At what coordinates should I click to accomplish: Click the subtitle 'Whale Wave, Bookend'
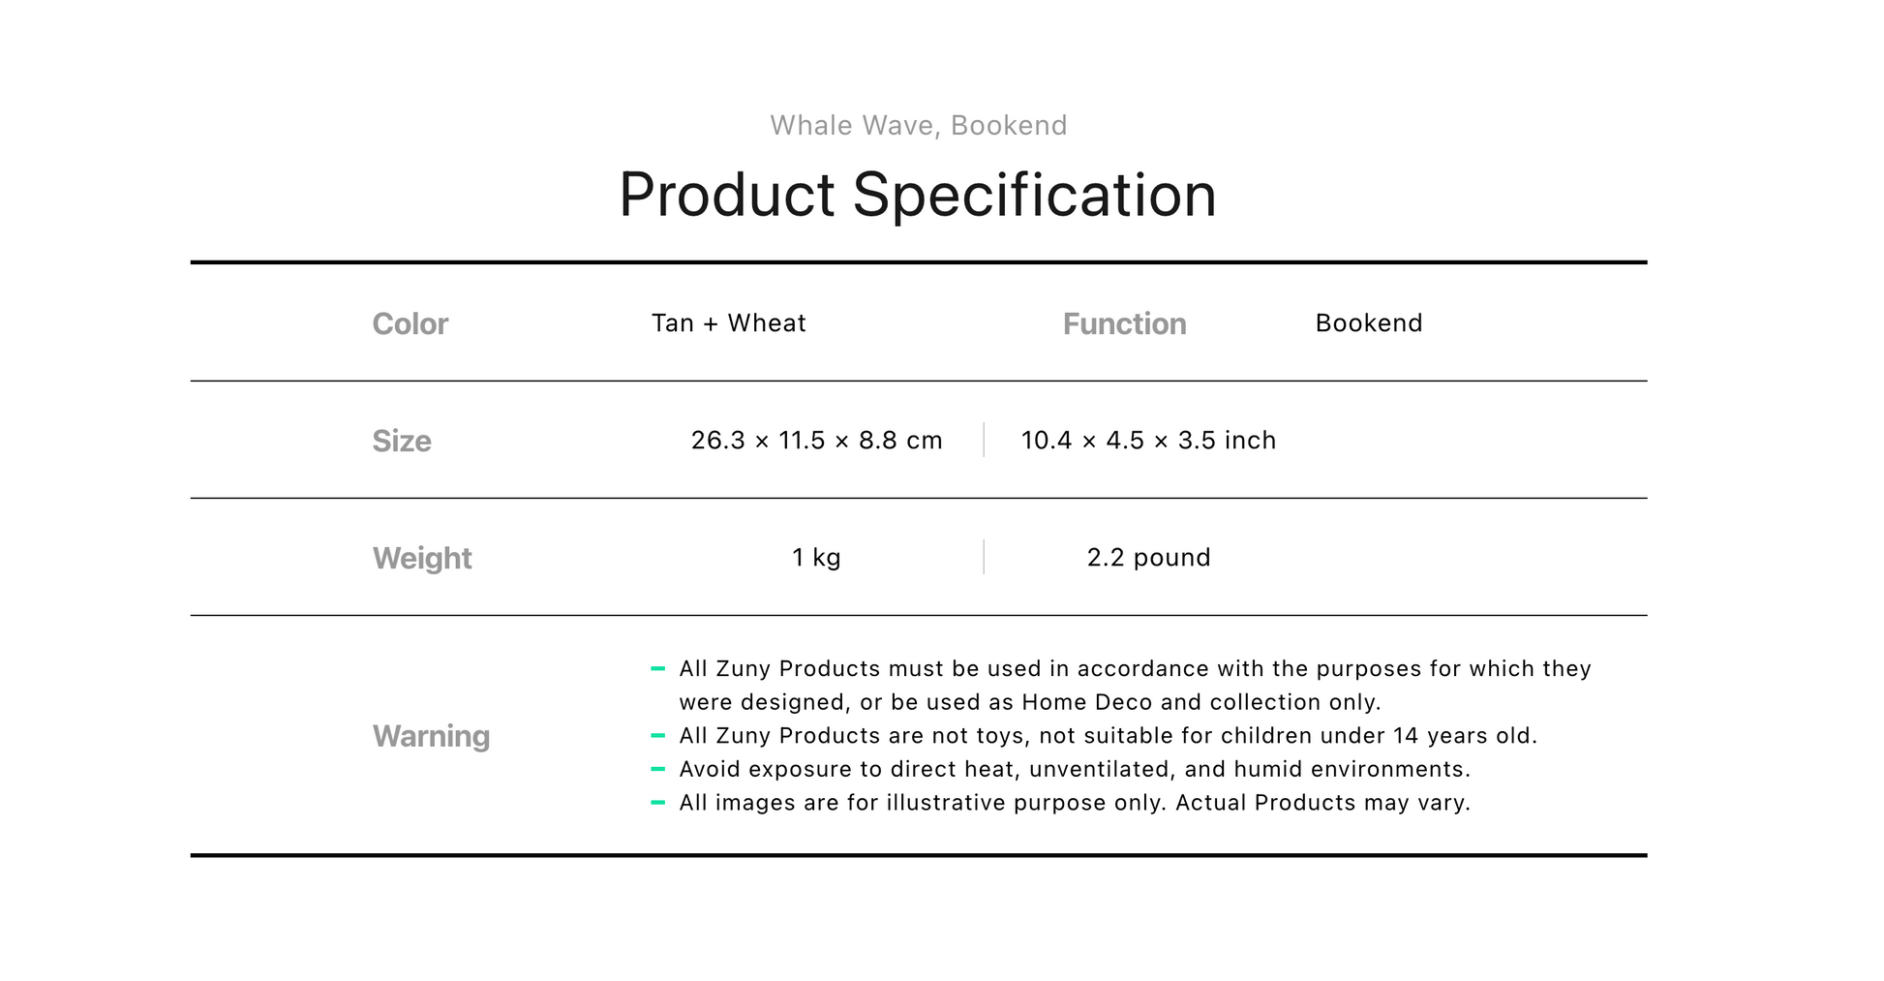pyautogui.click(x=918, y=126)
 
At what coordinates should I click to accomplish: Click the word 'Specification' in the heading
pyautogui.click(x=1034, y=196)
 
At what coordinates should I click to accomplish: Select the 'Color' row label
pyautogui.click(x=410, y=323)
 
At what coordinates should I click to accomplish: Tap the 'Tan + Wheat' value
pyautogui.click(x=728, y=322)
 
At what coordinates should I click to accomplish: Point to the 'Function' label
pyautogui.click(x=1124, y=323)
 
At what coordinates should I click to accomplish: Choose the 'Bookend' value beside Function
pyautogui.click(x=1369, y=322)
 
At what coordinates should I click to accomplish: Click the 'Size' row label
pyautogui.click(x=402, y=441)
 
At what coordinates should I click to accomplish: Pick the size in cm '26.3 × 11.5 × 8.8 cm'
pyautogui.click(x=816, y=441)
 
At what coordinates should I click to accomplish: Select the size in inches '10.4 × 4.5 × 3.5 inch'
pyautogui.click(x=1148, y=441)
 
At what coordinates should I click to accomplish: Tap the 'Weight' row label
pyautogui.click(x=422, y=559)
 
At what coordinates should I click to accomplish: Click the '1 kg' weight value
pyautogui.click(x=816, y=558)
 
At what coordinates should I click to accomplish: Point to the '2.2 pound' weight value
pyautogui.click(x=1148, y=558)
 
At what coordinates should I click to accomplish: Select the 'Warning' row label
pyautogui.click(x=431, y=736)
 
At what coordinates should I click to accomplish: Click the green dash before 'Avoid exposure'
pyautogui.click(x=658, y=769)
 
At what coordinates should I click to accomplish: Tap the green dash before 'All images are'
pyautogui.click(x=658, y=803)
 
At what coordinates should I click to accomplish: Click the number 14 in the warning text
pyautogui.click(x=1406, y=736)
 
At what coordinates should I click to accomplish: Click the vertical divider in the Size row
pyautogui.click(x=984, y=440)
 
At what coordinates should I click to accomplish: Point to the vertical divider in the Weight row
pyautogui.click(x=984, y=557)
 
